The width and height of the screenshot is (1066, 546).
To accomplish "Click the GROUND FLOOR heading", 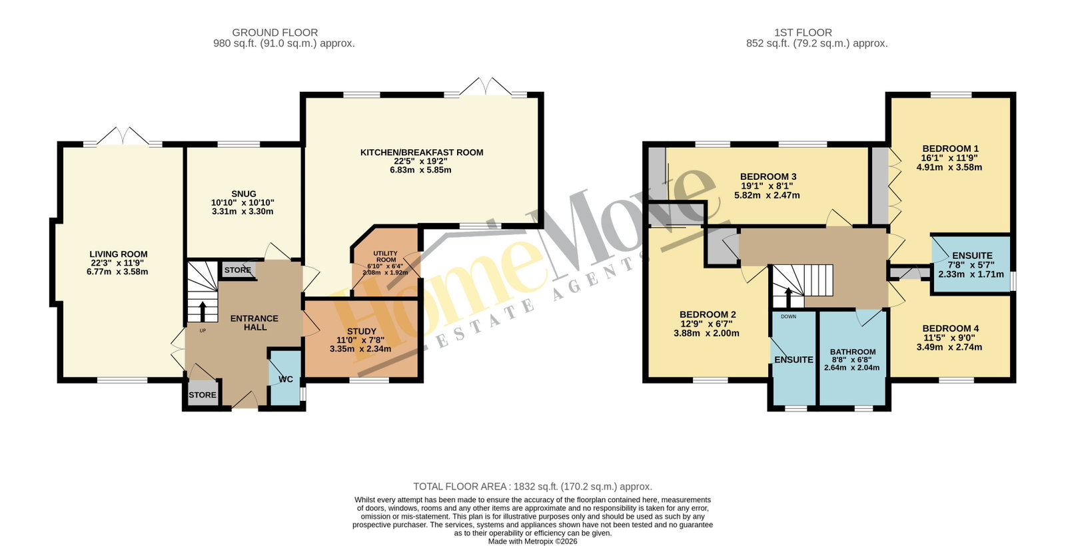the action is (x=275, y=33).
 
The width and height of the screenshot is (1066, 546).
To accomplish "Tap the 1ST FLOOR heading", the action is (x=803, y=33).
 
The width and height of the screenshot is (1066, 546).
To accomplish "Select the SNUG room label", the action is (x=244, y=194).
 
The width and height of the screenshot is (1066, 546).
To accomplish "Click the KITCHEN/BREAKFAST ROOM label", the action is (x=422, y=152).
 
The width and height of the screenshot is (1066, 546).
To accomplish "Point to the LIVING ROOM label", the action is (x=119, y=254).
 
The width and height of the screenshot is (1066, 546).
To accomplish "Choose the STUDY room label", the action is (x=362, y=331).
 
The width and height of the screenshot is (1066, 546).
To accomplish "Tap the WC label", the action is (x=286, y=379).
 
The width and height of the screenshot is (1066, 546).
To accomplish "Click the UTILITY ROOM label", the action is (x=386, y=256).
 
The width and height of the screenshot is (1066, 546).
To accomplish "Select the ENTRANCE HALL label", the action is (x=254, y=322).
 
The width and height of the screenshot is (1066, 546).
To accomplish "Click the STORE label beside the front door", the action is (x=203, y=395).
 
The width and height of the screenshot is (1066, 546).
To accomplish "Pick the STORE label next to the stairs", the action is (x=237, y=270).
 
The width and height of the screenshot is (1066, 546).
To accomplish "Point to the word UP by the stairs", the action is (x=203, y=330).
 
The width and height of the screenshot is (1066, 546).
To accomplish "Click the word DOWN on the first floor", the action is (x=789, y=316).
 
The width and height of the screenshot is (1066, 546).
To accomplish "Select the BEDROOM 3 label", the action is (x=768, y=176).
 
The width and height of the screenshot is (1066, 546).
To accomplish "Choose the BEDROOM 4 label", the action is (x=950, y=328).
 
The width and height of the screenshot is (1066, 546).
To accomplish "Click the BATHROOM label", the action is (x=852, y=352).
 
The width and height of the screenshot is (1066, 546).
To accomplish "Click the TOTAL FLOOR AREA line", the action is (x=532, y=487).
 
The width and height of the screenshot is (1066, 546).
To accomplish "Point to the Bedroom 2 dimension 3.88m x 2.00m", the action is (x=706, y=334).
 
